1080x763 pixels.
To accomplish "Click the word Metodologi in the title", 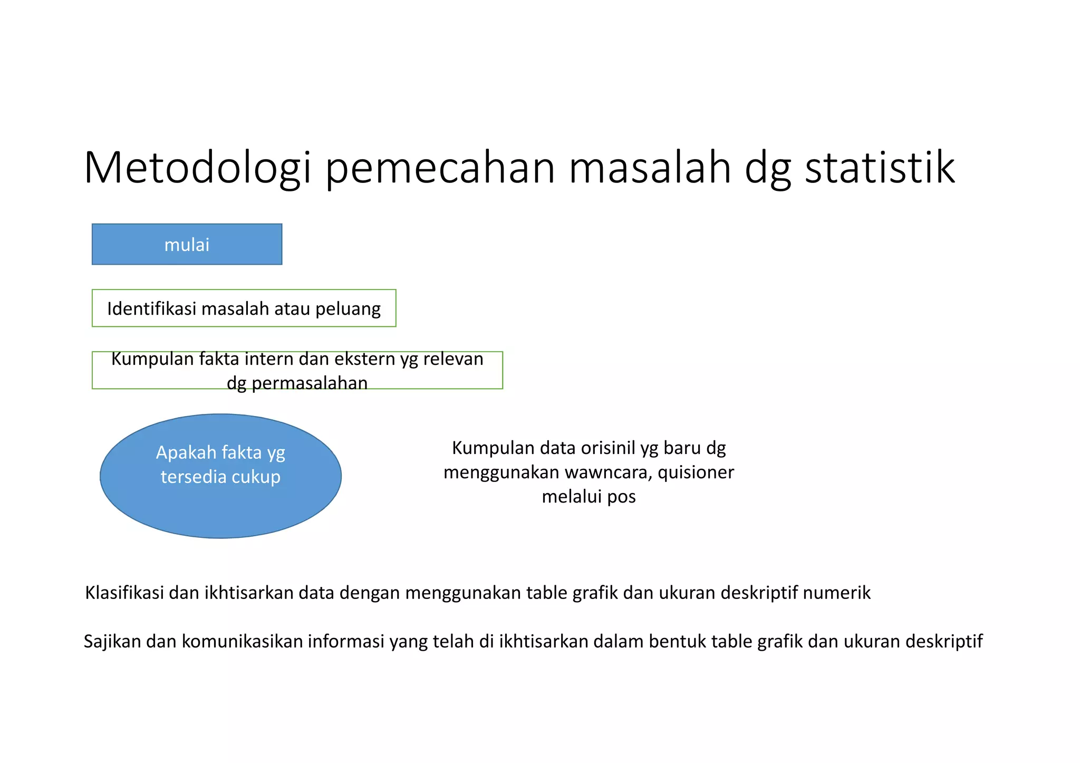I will pos(198,168).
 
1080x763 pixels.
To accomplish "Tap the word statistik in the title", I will pos(880,168).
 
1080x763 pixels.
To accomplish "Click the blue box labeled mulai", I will pos(187,245).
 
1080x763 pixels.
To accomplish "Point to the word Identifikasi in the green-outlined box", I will pos(152,308).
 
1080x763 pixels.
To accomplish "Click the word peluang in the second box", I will pos(348,308).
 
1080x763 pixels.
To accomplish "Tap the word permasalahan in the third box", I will pos(310,383).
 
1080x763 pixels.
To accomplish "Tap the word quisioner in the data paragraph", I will pos(696,472).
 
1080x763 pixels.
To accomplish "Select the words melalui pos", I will pos(589,497).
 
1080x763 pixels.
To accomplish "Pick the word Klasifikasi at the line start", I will pos(124,593).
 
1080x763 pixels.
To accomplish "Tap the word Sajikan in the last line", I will pos(112,642).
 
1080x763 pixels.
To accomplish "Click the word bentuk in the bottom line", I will pos(677,642).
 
